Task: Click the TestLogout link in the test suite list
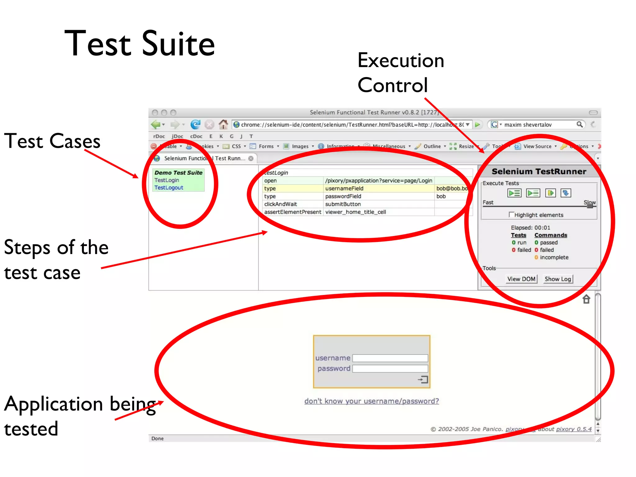point(169,188)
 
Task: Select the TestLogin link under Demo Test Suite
point(167,180)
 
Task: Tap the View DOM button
point(521,279)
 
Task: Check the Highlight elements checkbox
point(511,214)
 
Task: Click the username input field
point(390,358)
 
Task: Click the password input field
point(390,369)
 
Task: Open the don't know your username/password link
point(371,401)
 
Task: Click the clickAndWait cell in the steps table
point(280,204)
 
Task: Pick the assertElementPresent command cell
point(293,212)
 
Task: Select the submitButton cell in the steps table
point(343,204)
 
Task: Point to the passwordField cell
point(343,196)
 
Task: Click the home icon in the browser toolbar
point(223,125)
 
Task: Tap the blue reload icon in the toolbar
point(195,125)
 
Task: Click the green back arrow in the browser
point(156,125)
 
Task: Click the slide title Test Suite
point(139,43)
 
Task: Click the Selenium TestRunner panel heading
point(539,171)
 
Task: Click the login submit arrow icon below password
point(423,379)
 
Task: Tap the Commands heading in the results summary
point(551,235)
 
